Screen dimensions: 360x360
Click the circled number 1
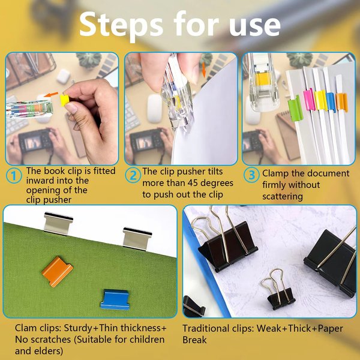[x=14, y=176]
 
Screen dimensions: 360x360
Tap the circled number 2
[x=133, y=176]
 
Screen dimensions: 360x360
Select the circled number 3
[x=251, y=175]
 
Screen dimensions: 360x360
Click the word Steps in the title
[x=121, y=25]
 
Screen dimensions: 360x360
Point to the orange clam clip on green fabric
[x=58, y=271]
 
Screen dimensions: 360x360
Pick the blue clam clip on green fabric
[x=115, y=299]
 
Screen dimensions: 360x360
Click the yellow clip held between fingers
[x=64, y=100]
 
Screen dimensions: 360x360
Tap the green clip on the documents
[x=295, y=108]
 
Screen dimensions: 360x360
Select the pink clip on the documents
[x=309, y=100]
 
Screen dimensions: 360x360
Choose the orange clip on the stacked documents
[x=341, y=102]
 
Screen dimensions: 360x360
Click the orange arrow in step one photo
[x=51, y=94]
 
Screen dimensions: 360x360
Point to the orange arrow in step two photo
[x=203, y=70]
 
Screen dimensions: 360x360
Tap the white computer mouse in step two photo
[x=155, y=109]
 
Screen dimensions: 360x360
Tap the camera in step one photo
[x=35, y=141]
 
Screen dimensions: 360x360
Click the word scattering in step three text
[x=283, y=197]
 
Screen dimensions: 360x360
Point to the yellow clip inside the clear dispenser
[x=262, y=79]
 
